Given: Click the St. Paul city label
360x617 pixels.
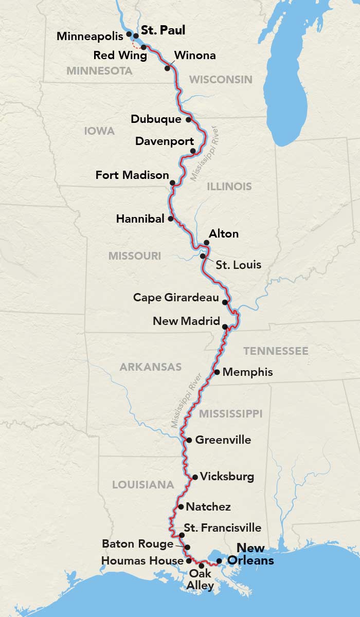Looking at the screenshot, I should (x=163, y=30).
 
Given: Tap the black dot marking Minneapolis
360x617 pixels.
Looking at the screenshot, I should (x=129, y=33).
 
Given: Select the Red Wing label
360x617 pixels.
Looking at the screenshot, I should (x=120, y=55).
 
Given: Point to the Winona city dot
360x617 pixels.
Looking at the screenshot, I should (x=167, y=68).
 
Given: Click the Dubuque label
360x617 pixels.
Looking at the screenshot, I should (x=156, y=119).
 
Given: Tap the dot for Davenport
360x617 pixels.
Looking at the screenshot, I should (x=193, y=151).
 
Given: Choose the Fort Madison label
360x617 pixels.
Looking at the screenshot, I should (x=132, y=175).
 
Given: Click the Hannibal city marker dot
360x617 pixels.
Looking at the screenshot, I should (x=170, y=219).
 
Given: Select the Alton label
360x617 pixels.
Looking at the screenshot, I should (x=224, y=234).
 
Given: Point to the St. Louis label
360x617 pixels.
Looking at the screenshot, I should (x=238, y=265).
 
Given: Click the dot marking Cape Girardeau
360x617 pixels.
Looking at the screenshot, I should (x=225, y=301).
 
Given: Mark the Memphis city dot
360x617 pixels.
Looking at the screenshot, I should (x=217, y=372).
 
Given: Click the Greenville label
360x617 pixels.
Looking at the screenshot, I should (x=223, y=440).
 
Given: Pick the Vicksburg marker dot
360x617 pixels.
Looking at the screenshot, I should (x=195, y=477).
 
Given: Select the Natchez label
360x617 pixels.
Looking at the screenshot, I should (x=208, y=507).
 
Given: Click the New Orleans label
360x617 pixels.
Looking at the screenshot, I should (x=250, y=554).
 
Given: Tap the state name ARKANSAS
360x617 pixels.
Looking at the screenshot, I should (x=151, y=367).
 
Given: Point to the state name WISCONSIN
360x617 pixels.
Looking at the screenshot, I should (x=221, y=79).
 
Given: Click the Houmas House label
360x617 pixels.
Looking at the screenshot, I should (x=142, y=560).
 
